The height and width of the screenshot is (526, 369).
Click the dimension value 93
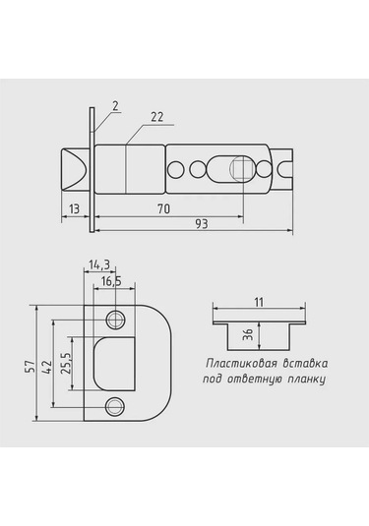click(202, 224)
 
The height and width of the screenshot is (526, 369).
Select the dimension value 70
click(164, 209)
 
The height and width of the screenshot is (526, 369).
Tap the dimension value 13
click(74, 209)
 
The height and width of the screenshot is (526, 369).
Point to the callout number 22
click(156, 117)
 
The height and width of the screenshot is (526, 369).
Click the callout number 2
click(115, 106)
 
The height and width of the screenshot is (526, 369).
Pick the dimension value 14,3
click(99, 265)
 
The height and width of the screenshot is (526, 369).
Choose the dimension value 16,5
click(111, 281)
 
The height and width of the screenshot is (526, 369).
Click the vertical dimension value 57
click(31, 366)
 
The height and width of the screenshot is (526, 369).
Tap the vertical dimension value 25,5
click(65, 364)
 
